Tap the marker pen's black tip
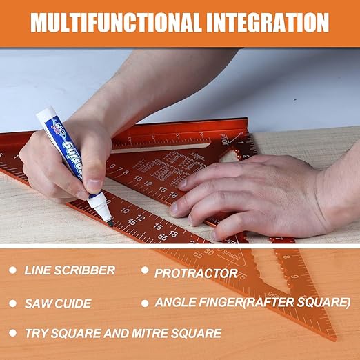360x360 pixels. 109,222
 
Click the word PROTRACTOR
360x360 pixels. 196,273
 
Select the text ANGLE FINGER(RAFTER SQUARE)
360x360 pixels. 252,302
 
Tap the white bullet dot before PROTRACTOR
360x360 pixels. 145,271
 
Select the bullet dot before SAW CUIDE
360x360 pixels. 13,303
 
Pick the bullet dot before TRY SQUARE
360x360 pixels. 13,333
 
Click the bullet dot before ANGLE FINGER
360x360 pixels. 145,302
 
